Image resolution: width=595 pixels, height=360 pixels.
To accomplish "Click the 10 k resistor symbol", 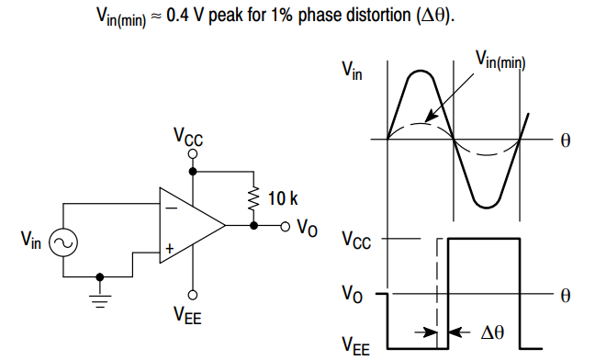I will coord(252,197).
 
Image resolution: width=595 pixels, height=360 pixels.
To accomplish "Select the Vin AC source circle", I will coord(64,241).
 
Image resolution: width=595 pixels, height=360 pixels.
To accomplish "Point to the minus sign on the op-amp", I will coord(170,207).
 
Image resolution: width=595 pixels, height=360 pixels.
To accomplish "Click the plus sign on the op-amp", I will coord(170,247).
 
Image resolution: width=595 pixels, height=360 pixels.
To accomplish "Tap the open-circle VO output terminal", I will coord(285,225).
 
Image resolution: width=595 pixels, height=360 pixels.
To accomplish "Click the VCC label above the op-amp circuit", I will coord(188,139).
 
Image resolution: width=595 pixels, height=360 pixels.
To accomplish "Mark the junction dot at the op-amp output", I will coord(252,225).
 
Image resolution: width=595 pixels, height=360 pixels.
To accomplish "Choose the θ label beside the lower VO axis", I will coord(566,295).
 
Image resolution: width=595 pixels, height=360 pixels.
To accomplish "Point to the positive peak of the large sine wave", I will coord(421,71).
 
